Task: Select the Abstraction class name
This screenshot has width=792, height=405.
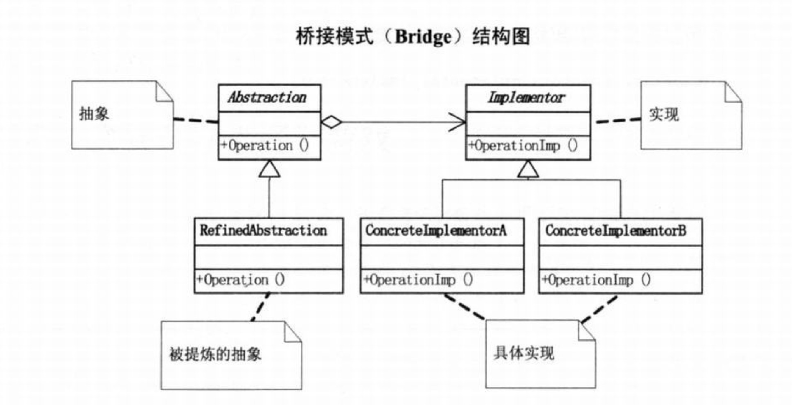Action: point(267,98)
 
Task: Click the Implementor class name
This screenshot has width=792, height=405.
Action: point(526,98)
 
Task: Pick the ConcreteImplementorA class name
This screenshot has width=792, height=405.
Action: point(435,231)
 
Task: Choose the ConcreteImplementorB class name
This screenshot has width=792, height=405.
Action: point(615,231)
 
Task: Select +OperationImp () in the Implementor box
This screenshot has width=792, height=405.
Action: point(523,146)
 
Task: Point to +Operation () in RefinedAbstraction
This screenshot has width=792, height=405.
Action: point(240,279)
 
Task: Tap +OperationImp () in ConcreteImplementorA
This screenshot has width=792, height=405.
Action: point(418,279)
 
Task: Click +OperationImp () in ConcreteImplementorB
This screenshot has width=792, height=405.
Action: point(596,280)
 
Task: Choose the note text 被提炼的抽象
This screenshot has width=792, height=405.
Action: point(216,354)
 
